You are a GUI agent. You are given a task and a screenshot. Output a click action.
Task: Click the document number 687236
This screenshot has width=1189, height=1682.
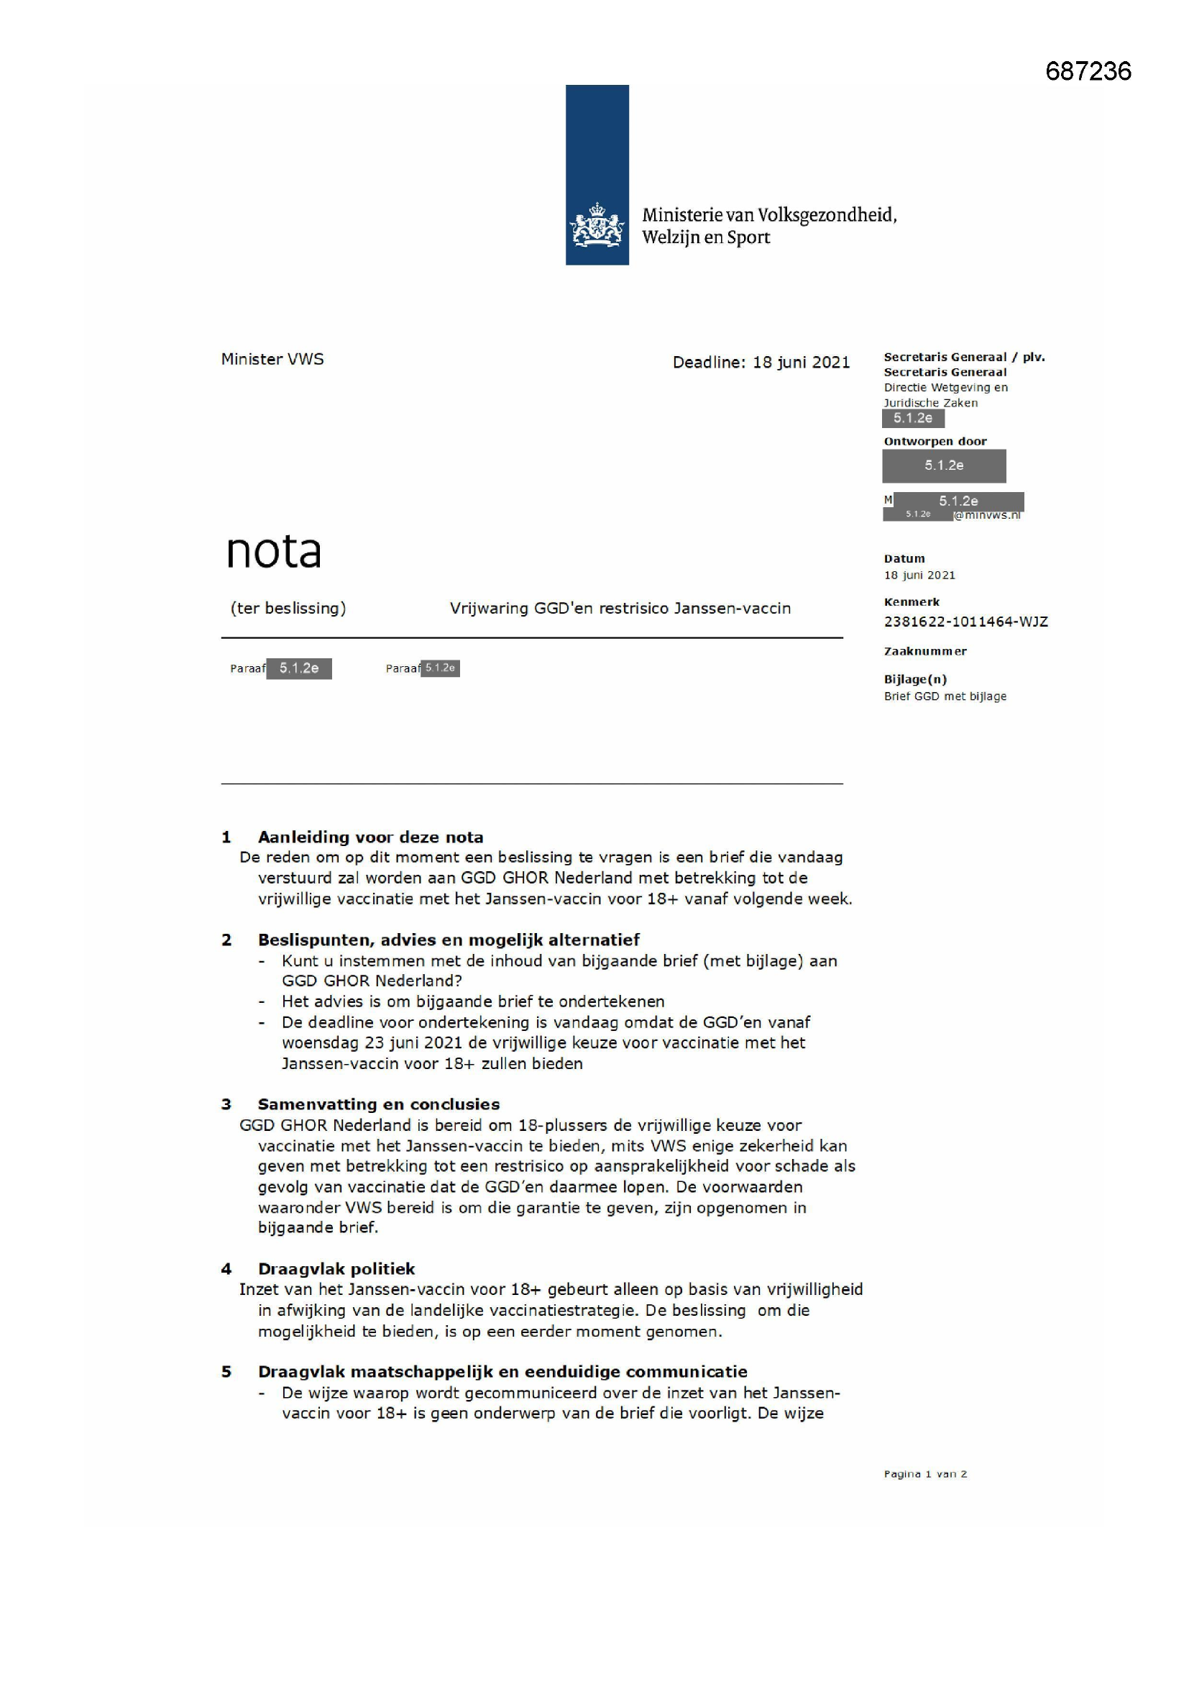[1087, 71]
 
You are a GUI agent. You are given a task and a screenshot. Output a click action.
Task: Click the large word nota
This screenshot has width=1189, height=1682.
[274, 551]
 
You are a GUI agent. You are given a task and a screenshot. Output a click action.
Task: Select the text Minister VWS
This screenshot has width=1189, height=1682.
[272, 359]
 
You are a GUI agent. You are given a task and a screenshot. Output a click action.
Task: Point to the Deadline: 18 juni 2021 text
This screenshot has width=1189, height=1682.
[761, 362]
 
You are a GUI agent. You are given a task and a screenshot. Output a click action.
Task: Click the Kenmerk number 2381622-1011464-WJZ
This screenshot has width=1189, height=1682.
[965, 622]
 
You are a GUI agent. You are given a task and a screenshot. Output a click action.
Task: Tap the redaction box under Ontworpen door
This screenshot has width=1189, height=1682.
[944, 466]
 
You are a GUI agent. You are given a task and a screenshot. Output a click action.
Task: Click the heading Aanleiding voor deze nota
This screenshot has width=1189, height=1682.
[370, 837]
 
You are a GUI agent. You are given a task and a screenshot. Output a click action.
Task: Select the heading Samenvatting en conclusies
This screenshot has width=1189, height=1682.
[379, 1104]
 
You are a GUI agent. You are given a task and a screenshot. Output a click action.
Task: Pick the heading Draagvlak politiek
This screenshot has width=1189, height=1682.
[336, 1269]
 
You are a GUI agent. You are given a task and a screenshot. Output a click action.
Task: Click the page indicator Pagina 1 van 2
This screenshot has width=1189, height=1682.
[924, 1474]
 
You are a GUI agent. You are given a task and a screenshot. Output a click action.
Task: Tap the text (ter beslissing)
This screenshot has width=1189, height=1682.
[288, 608]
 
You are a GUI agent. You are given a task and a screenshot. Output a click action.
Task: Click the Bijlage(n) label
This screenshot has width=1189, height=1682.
[915, 679]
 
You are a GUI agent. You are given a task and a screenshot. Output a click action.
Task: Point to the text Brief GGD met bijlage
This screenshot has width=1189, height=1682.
[945, 696]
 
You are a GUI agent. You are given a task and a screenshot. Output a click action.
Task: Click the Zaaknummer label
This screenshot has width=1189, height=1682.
[924, 651]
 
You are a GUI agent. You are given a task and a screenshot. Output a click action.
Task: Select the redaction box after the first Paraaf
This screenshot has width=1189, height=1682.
[299, 668]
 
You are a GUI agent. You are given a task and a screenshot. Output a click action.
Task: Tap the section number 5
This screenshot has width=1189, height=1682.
[226, 1371]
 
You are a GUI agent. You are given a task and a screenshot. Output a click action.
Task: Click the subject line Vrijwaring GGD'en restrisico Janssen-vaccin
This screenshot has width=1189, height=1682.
[620, 608]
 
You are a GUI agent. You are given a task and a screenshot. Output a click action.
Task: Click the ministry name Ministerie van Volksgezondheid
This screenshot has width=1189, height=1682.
[768, 214]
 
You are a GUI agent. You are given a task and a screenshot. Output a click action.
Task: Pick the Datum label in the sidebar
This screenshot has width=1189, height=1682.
[904, 558]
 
